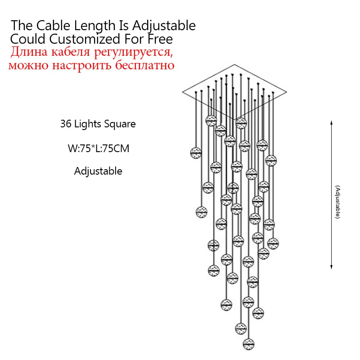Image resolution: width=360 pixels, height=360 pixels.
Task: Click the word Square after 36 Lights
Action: pyautogui.click(x=121, y=124)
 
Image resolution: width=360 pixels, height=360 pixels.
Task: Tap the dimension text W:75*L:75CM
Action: pyautogui.click(x=98, y=148)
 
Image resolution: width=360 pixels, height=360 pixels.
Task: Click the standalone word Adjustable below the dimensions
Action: pyautogui.click(x=98, y=171)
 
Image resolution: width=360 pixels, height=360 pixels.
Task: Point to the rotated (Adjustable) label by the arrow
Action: pyautogui.click(x=337, y=202)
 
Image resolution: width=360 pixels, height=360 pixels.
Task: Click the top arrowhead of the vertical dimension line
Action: pyautogui.click(x=332, y=122)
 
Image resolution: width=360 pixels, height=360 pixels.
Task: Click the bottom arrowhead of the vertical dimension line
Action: pyautogui.click(x=332, y=268)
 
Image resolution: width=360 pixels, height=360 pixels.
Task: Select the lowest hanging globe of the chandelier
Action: pyautogui.click(x=248, y=344)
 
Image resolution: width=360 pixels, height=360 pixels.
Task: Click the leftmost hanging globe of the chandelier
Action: pyautogui.click(x=196, y=153)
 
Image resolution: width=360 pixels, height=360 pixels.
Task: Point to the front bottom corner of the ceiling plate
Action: pyautogui.click(x=235, y=119)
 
